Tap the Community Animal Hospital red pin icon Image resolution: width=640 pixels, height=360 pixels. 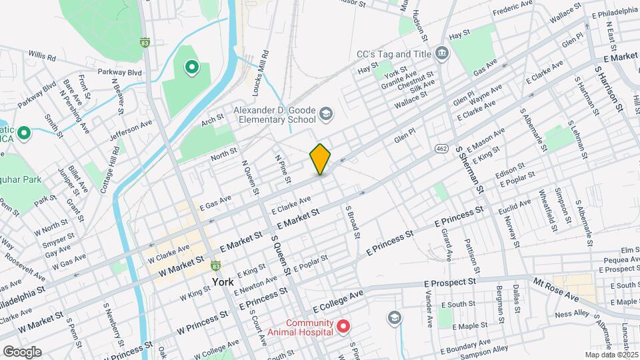[343, 327]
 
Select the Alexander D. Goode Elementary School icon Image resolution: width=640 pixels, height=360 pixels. [325, 113]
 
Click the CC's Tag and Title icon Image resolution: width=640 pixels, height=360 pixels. [441, 53]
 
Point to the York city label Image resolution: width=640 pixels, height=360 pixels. [223, 282]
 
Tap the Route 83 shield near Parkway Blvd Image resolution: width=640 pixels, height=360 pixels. [145, 42]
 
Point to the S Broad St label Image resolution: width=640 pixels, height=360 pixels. [351, 222]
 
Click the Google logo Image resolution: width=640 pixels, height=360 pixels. [21, 351]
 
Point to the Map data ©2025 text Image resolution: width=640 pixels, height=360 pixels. [611, 355]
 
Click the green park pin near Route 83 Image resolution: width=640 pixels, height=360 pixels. [191, 67]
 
